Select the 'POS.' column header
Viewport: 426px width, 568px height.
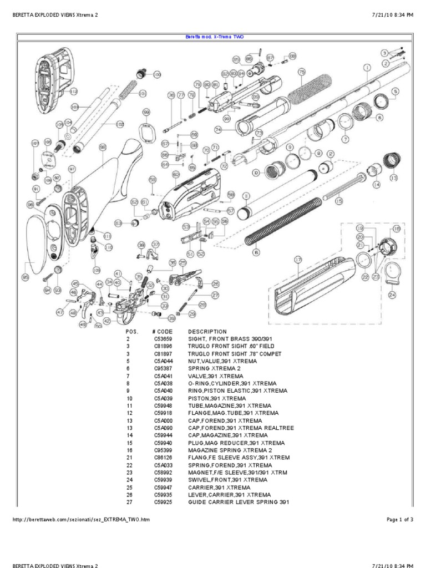coord(128,331)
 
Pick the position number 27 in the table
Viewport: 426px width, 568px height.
coord(128,502)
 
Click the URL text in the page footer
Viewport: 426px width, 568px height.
coord(80,520)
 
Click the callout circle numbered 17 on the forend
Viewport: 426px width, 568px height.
coord(298,260)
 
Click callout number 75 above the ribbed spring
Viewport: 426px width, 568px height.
coord(302,72)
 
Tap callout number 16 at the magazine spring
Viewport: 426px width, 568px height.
coord(256,252)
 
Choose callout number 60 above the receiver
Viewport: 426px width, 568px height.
coord(175,174)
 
